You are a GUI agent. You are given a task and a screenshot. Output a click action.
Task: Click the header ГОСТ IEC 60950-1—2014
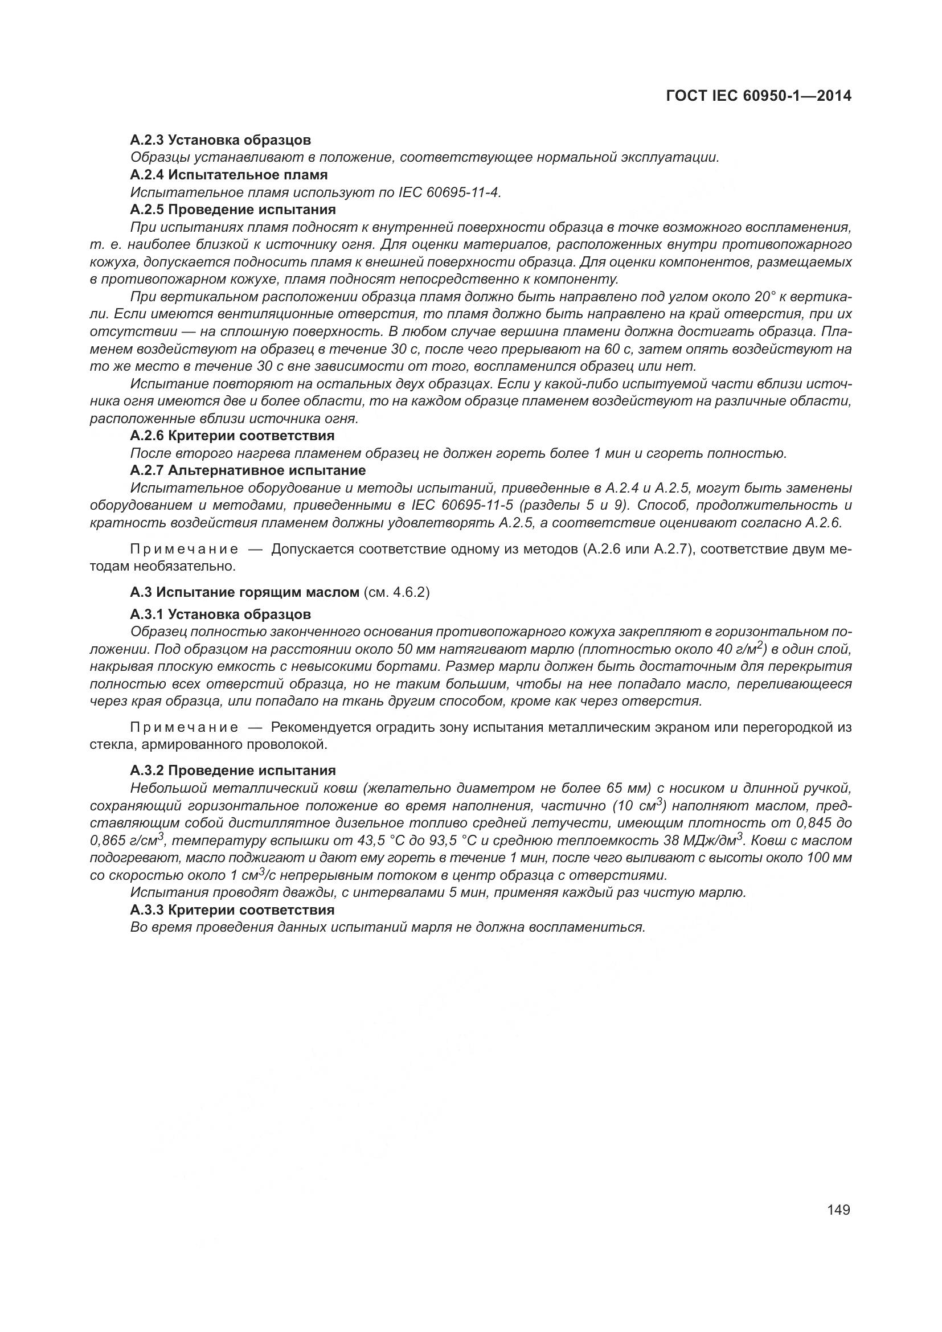759,96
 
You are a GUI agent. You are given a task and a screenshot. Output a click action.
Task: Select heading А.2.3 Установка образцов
220,140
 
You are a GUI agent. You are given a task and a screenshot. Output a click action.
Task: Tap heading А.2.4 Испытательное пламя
228,175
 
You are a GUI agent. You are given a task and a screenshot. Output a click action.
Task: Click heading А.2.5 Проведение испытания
232,210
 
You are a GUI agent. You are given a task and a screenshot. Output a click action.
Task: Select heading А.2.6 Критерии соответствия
232,435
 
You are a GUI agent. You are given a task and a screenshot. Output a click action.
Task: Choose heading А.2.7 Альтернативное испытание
248,470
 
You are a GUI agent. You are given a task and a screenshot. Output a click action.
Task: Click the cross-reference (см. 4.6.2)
397,592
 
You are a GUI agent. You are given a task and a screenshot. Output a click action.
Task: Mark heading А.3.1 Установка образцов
220,614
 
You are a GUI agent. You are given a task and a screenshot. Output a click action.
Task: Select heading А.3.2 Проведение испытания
232,770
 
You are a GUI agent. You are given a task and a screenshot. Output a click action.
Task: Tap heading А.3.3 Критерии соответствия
232,909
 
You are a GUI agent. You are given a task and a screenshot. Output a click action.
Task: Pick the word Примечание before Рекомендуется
184,727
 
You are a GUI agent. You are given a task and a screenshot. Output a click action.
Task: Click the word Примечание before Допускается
184,549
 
